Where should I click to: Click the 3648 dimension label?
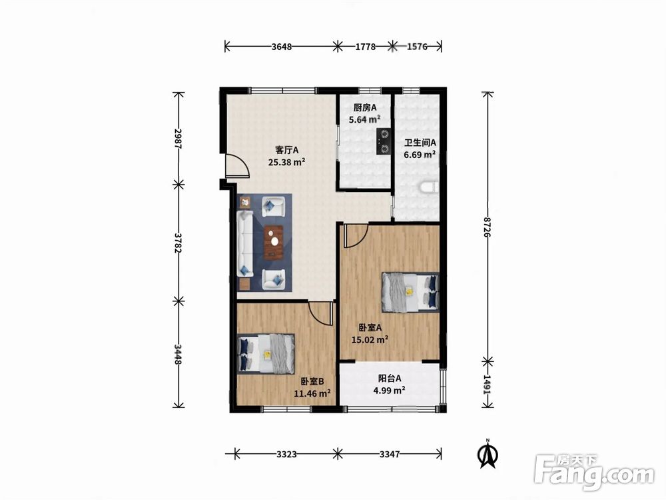(x=282, y=47)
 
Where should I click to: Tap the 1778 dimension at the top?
(x=365, y=47)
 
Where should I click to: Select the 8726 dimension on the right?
(x=488, y=227)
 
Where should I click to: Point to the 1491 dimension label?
(x=488, y=385)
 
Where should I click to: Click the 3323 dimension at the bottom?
(x=286, y=454)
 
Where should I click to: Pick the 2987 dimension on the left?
(x=178, y=138)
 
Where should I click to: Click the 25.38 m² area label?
(x=286, y=161)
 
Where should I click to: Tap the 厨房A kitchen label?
(x=365, y=108)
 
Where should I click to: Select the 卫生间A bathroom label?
(x=420, y=143)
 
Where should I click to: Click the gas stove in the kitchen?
(x=384, y=141)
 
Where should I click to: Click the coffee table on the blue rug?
(x=274, y=243)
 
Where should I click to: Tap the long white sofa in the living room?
(x=245, y=243)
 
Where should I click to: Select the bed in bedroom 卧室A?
(x=410, y=292)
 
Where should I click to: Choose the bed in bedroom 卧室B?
(x=266, y=353)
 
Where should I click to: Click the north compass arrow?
(x=488, y=456)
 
